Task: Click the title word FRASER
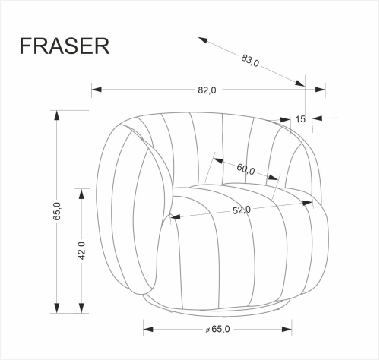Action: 64,45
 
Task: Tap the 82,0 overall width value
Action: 207,90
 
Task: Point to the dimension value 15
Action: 300,118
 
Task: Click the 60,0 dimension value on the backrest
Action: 245,169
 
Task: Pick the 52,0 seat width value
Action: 242,210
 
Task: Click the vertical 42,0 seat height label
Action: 81,251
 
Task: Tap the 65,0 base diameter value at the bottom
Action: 220,329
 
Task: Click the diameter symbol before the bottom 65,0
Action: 207,329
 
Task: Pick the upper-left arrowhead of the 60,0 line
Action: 217,160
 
